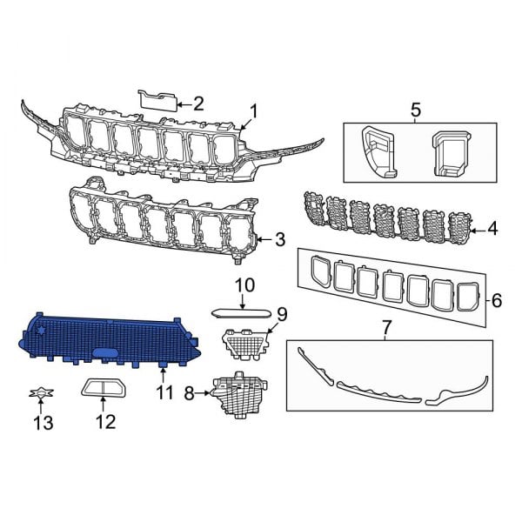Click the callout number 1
tap(253, 110)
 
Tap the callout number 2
tap(197, 104)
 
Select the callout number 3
tap(280, 238)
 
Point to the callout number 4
tap(492, 230)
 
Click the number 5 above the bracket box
tap(415, 110)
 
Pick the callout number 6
tap(497, 300)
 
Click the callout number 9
tap(281, 313)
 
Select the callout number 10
tap(244, 284)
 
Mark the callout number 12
tap(104, 423)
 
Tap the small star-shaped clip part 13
tap(37, 394)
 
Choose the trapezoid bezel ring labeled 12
tap(104, 388)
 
